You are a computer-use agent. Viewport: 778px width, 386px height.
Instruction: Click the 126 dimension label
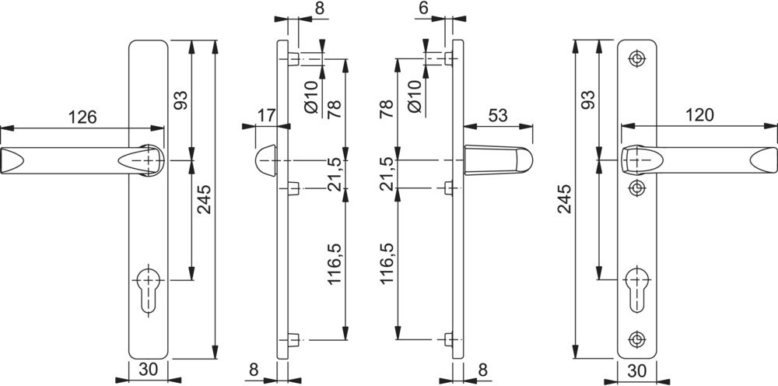82,118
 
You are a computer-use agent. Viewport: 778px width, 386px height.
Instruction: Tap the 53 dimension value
498,115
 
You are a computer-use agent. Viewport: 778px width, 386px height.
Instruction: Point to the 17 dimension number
267,115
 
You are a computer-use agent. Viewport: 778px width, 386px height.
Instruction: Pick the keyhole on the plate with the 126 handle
146,291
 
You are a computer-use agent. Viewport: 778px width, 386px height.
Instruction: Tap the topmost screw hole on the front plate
638,58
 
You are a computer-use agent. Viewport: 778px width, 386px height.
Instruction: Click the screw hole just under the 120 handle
638,187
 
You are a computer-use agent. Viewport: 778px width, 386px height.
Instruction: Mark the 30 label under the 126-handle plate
146,370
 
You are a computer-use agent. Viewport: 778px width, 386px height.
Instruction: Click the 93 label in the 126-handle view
180,100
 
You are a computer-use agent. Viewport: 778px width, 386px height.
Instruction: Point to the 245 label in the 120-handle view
566,199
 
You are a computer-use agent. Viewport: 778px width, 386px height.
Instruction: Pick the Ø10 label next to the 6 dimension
414,96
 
